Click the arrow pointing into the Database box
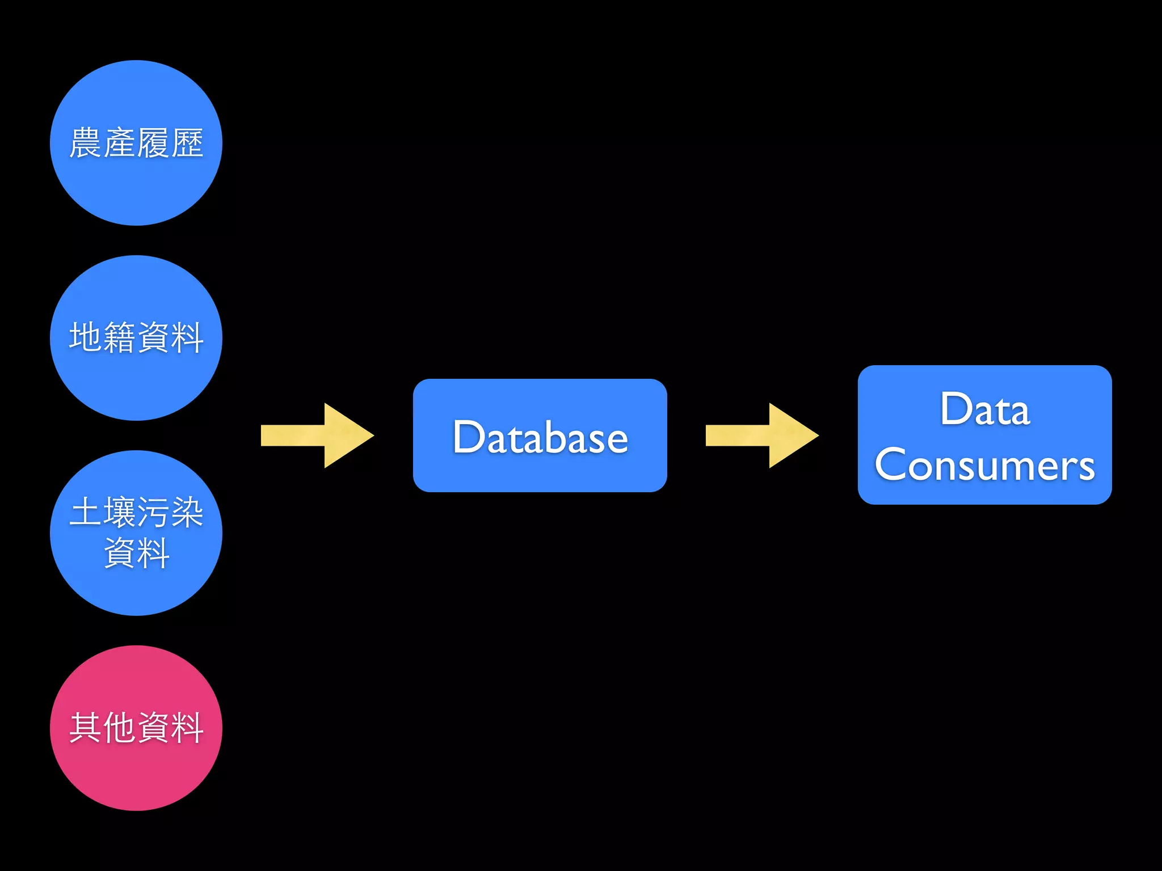click(x=318, y=435)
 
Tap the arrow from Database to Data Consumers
click(x=763, y=435)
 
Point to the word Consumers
click(x=984, y=465)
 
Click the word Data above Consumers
click(x=984, y=409)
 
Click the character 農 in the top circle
click(x=86, y=143)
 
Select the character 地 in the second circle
click(x=86, y=337)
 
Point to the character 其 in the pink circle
click(x=86, y=728)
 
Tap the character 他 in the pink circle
click(x=120, y=728)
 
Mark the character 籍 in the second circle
click(x=120, y=337)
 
